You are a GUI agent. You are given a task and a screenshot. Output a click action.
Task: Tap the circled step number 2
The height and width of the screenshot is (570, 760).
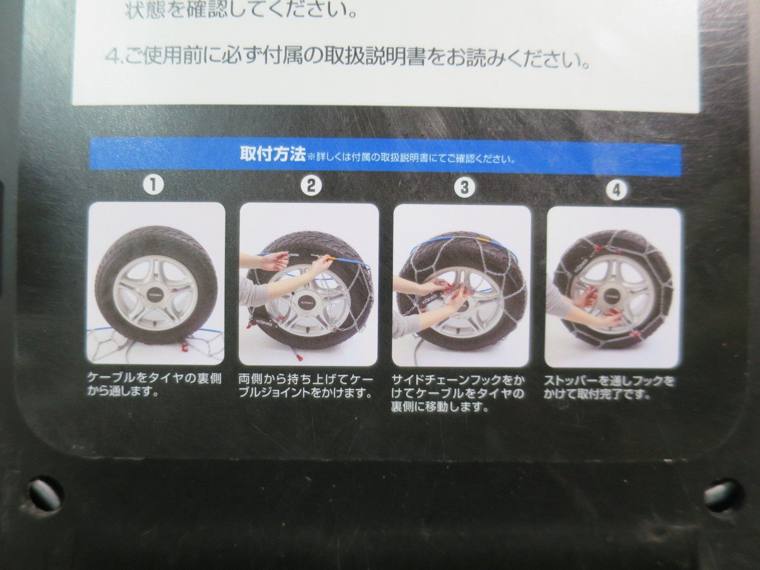(x=311, y=186)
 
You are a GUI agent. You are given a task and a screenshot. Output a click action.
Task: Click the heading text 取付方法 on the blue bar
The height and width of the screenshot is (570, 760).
(x=273, y=155)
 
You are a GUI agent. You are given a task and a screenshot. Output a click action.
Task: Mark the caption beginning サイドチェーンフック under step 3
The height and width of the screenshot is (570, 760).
(x=458, y=393)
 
